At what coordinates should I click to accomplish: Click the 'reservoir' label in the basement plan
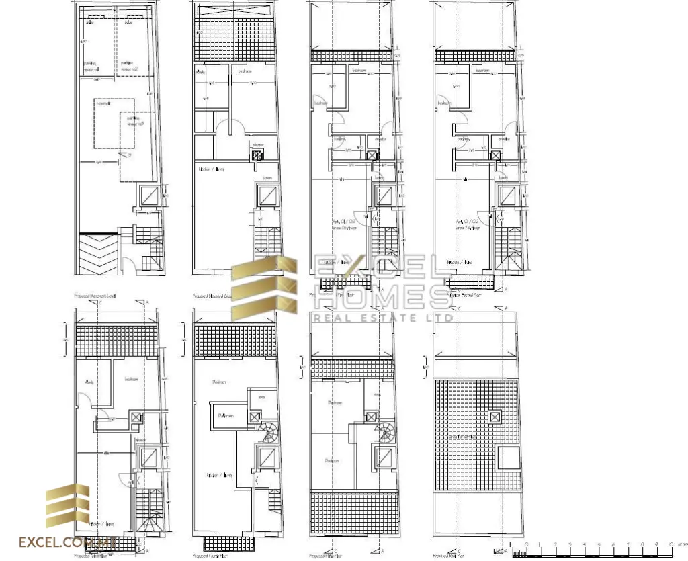click(x=102, y=105)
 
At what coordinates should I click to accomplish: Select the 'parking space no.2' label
click(x=130, y=65)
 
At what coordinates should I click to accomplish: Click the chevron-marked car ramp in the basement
click(x=98, y=253)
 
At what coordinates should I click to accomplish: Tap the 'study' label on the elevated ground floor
click(x=200, y=70)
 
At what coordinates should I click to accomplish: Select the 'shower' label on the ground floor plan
click(x=257, y=145)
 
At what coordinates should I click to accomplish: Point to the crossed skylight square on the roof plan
click(x=494, y=417)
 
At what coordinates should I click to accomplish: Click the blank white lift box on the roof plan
click(x=508, y=458)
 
